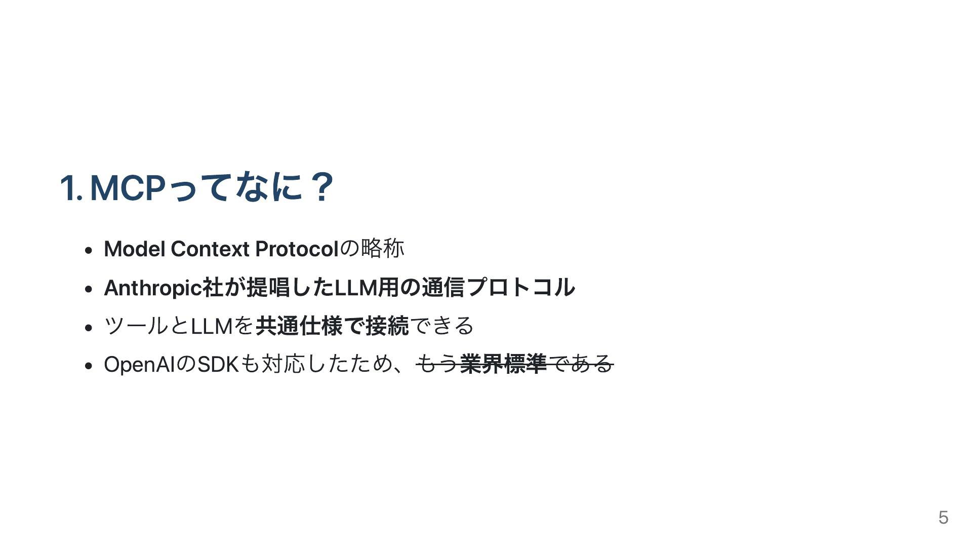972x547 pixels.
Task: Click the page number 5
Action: (943, 518)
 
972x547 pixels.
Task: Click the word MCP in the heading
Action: (128, 187)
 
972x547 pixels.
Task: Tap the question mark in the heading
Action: (321, 187)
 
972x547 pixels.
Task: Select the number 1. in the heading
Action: (71, 187)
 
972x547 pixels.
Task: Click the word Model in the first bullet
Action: (134, 249)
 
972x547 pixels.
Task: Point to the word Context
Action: (210, 249)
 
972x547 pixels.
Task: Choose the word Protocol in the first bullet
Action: (297, 249)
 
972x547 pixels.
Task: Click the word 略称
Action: (383, 249)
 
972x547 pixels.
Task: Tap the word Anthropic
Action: (152, 288)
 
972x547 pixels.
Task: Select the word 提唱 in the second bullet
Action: (268, 287)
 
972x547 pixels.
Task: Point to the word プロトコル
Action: (521, 287)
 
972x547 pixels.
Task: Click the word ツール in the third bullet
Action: (136, 326)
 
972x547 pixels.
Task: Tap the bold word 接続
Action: (387, 326)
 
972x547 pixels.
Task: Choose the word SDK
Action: (218, 365)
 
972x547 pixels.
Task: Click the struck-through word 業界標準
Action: (503, 364)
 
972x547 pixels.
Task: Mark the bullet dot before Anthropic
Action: (89, 289)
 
